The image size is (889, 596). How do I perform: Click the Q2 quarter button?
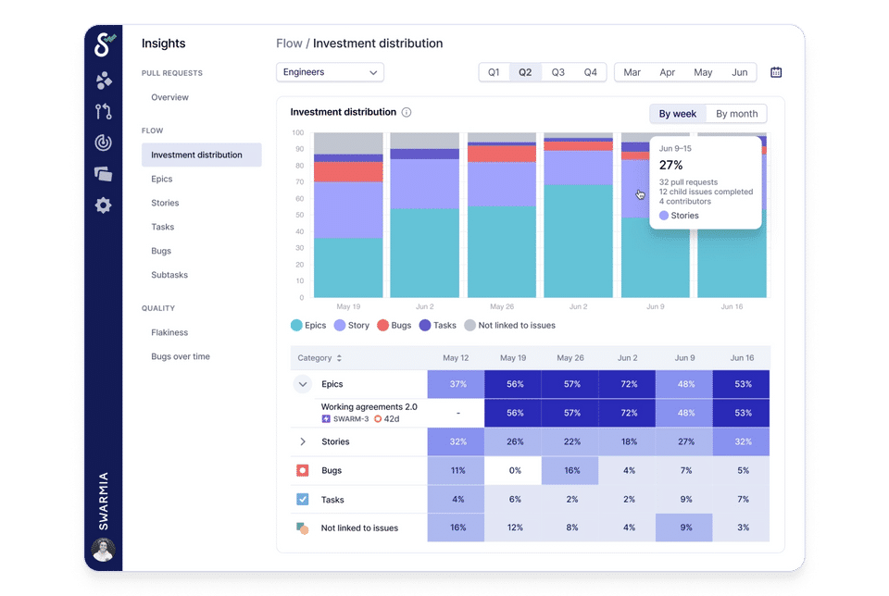tap(525, 72)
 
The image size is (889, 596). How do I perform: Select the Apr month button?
tap(667, 72)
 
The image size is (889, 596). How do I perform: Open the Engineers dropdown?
tap(330, 72)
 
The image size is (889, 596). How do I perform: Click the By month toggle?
tap(736, 114)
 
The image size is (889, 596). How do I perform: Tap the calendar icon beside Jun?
tap(776, 72)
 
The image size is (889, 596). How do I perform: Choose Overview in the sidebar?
tap(169, 97)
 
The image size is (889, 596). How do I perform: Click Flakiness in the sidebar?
tap(169, 332)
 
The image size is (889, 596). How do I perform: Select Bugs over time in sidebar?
tap(181, 356)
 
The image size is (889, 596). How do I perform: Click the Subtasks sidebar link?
tap(169, 275)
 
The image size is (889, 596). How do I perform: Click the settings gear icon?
tap(103, 205)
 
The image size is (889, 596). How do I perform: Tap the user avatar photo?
tap(103, 551)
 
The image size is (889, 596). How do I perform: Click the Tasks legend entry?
tap(438, 326)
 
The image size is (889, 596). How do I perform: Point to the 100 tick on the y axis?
tap(298, 133)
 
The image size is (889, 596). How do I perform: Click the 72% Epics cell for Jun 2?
tap(627, 384)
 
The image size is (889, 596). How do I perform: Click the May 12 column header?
tap(456, 358)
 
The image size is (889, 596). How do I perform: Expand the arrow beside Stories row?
tap(303, 442)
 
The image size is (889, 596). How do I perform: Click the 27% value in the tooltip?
tap(670, 165)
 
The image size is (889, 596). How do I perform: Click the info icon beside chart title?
tap(407, 113)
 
